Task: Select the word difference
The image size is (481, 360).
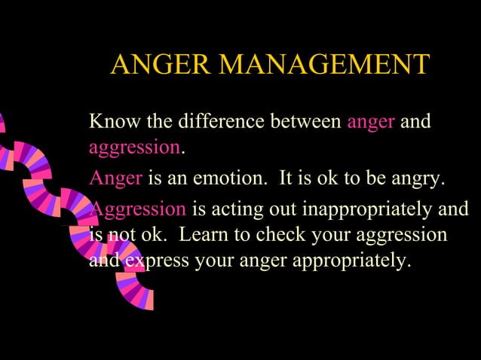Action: [218, 121]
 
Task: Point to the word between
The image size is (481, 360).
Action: [305, 121]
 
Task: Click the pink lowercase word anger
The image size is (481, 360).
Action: [370, 122]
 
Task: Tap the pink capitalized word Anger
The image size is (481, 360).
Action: [115, 179]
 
